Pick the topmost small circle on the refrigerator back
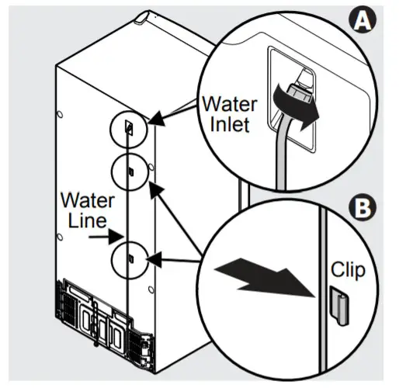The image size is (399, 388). (x=130, y=126)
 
